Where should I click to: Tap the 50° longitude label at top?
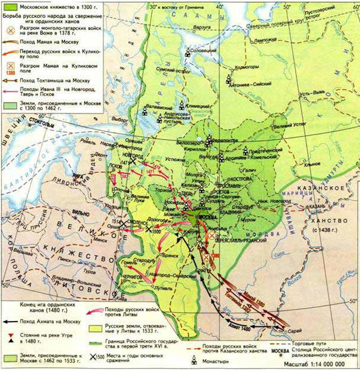(288, 7)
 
